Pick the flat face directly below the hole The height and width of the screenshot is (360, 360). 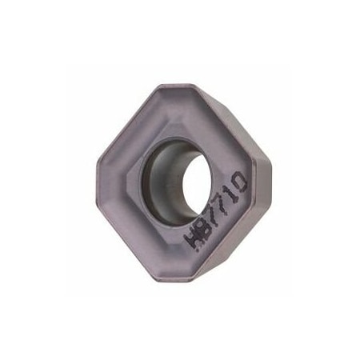pos(172,240)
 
